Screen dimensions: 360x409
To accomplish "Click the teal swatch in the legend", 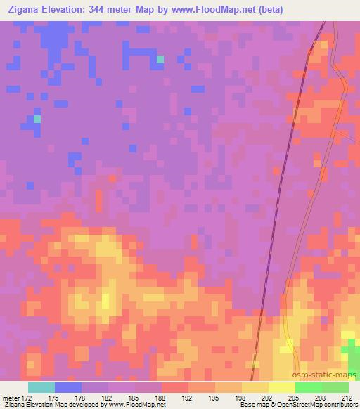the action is coord(41,387).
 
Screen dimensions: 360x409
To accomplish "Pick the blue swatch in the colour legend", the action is coord(67,387).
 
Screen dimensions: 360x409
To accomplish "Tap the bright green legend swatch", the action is coord(308,387).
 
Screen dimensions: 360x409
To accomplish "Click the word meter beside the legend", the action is coord(13,398).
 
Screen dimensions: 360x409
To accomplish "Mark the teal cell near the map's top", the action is coord(160,59).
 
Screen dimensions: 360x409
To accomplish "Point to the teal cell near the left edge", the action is coord(37,119).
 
